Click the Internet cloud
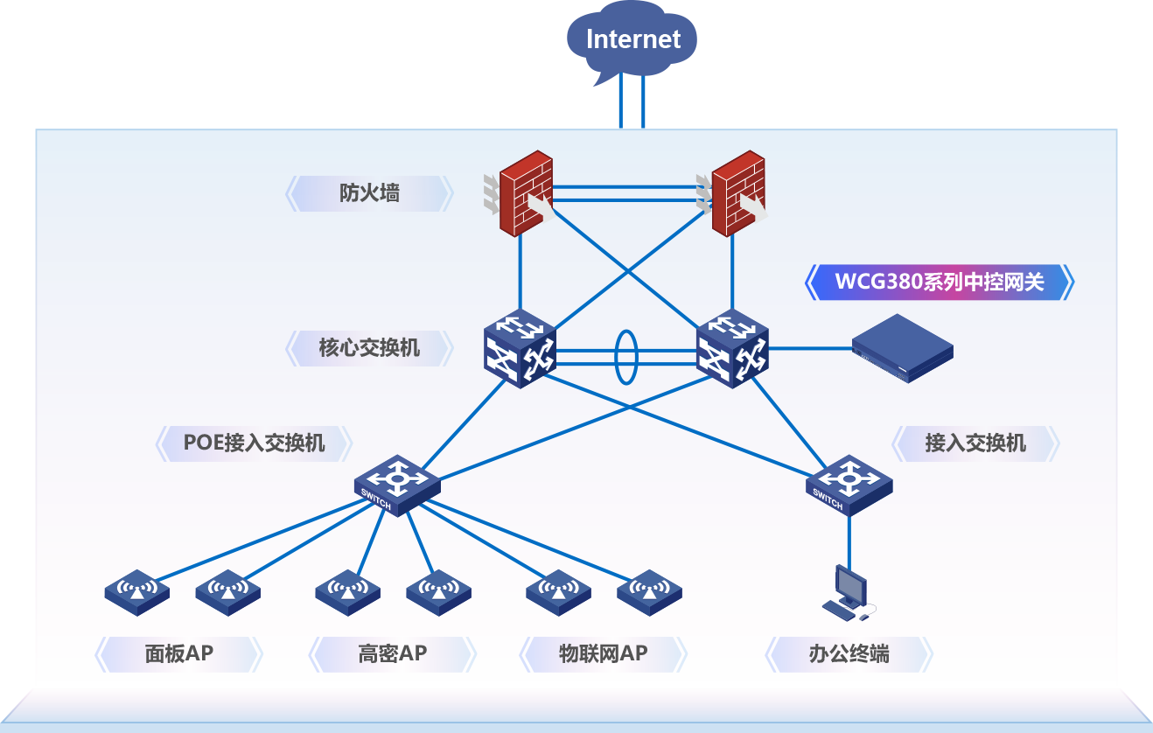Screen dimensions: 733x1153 point(632,39)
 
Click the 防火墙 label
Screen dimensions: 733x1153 point(369,193)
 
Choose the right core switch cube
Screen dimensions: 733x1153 point(732,350)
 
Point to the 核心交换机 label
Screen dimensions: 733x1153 point(369,348)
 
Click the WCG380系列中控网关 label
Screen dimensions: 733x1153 point(939,283)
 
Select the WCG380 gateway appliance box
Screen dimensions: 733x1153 point(903,348)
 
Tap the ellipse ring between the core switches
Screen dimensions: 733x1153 point(625,357)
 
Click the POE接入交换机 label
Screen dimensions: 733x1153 point(254,443)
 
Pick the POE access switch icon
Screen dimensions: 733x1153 point(397,485)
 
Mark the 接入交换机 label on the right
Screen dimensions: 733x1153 point(975,443)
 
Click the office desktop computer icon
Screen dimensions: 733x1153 point(848,592)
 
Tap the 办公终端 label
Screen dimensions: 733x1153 point(849,653)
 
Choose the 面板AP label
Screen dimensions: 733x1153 point(178,653)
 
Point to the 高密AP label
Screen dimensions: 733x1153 point(392,653)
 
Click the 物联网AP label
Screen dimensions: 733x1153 point(603,653)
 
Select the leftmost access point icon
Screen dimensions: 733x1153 point(136,592)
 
